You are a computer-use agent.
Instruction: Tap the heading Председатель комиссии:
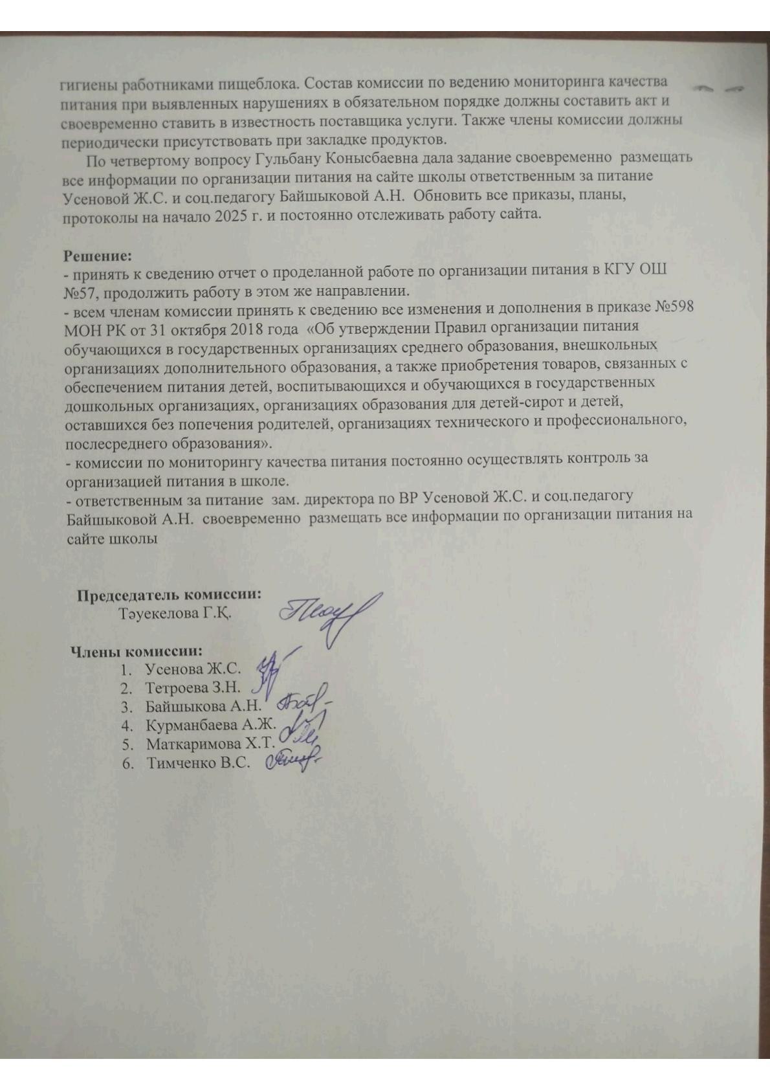tap(170, 595)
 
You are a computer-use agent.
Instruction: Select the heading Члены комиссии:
tap(137, 651)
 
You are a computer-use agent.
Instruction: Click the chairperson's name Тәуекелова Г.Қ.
tap(175, 612)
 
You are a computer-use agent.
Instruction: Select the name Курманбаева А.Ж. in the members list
tap(211, 725)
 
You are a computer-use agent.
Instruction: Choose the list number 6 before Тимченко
tap(126, 763)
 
